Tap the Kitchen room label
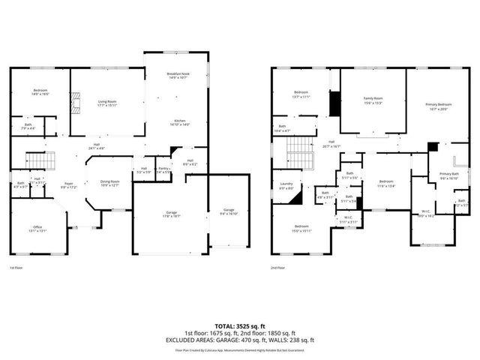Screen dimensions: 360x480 (x=180, y=123)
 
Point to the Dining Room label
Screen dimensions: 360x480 (x=110, y=183)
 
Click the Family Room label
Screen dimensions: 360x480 (x=373, y=100)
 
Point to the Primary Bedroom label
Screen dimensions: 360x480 (x=439, y=106)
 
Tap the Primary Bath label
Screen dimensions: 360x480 (x=449, y=176)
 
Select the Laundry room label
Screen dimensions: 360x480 (x=286, y=185)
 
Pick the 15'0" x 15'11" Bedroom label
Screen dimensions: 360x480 (x=301, y=228)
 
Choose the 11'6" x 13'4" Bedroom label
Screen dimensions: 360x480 (x=386, y=184)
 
